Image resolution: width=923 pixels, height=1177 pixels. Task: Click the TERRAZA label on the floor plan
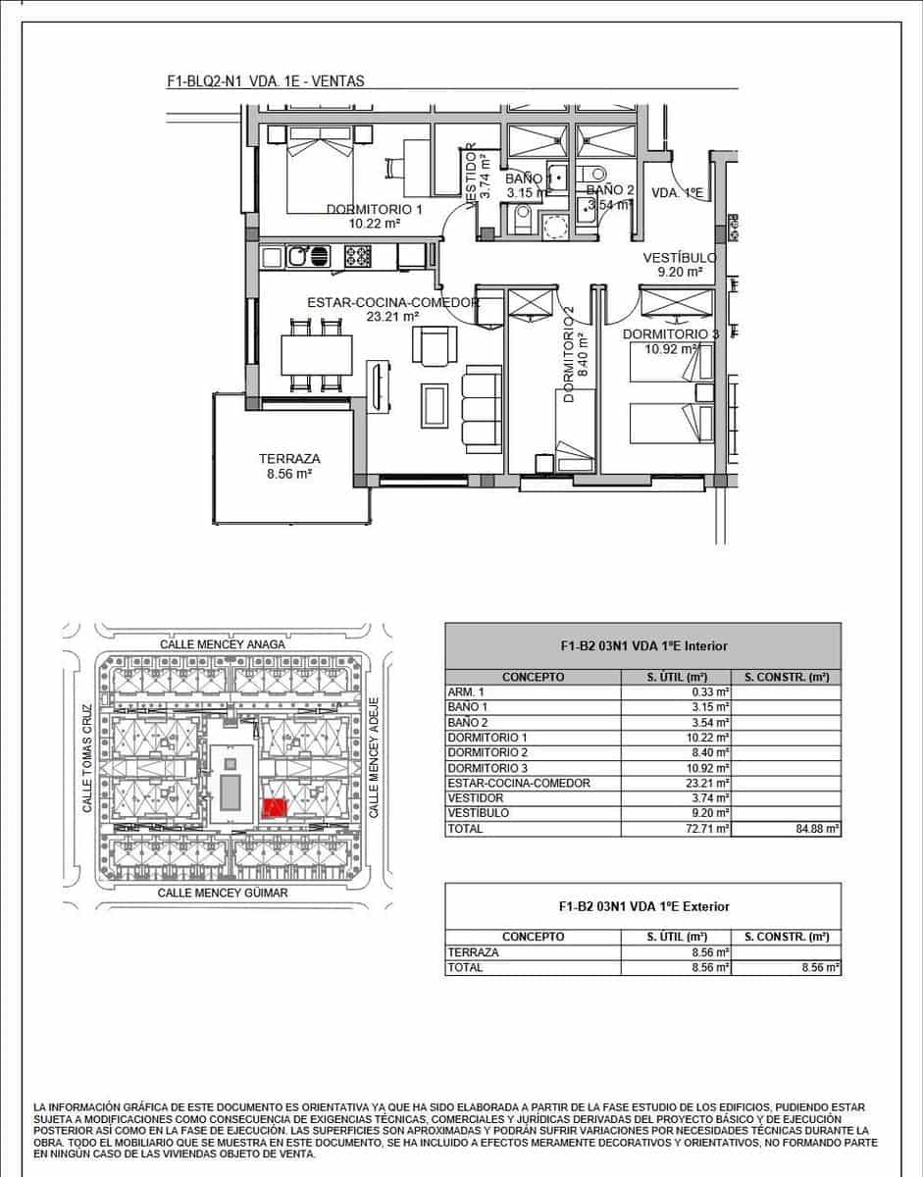(289, 459)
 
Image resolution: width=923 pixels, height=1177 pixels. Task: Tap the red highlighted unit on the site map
(274, 807)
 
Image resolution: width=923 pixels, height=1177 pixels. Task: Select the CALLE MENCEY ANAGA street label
(222, 644)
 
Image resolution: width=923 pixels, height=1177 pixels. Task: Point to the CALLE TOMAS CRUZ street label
(87, 758)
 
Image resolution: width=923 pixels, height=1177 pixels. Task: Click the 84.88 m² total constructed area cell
(818, 829)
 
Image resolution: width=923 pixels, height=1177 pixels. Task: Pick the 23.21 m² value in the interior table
(711, 784)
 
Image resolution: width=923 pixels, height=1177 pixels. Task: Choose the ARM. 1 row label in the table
(466, 692)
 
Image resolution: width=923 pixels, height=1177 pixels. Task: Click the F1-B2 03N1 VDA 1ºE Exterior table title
(644, 906)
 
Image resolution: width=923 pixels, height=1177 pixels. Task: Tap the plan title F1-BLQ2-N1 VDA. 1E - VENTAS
(266, 81)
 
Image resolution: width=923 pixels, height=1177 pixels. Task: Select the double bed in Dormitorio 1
(320, 169)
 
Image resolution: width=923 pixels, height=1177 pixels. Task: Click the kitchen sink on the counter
(308, 256)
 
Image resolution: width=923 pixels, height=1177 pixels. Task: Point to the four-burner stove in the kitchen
(358, 256)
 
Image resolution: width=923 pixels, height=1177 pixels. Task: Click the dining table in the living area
(317, 355)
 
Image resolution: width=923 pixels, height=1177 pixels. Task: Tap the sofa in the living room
(482, 409)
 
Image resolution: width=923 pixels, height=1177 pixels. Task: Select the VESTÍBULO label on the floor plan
(680, 258)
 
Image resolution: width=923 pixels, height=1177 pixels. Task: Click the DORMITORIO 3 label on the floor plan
(671, 334)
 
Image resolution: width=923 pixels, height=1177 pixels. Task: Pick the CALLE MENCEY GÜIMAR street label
(223, 893)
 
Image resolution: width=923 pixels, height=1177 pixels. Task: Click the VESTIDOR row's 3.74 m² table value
(711, 798)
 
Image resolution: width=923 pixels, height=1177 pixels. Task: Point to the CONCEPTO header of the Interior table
(533, 677)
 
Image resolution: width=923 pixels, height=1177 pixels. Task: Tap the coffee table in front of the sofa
(435, 405)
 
